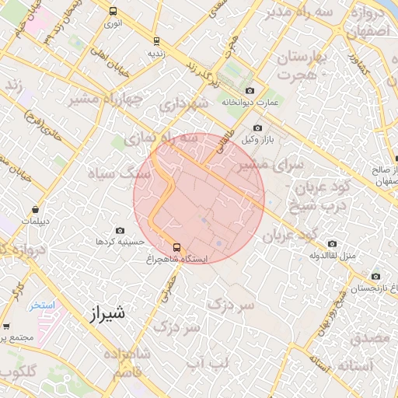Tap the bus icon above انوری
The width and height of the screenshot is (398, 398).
click(113, 12)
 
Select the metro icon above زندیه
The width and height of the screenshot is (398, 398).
click(156, 41)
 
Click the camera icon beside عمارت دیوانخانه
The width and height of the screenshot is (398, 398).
click(250, 91)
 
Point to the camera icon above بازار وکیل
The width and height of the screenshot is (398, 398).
click(258, 128)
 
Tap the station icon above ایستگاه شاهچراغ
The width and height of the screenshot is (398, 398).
click(176, 248)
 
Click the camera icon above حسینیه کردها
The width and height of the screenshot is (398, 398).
click(120, 230)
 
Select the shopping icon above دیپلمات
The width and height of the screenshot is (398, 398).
click(36, 209)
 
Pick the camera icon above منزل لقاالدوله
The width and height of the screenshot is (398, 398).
click(332, 243)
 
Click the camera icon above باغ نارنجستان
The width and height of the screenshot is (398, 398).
click(375, 276)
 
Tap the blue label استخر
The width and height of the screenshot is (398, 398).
click(43, 305)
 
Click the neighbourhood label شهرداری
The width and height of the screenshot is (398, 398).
click(184, 103)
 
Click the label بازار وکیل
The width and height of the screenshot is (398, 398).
click(260, 140)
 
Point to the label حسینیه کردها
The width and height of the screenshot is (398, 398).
click(120, 242)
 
